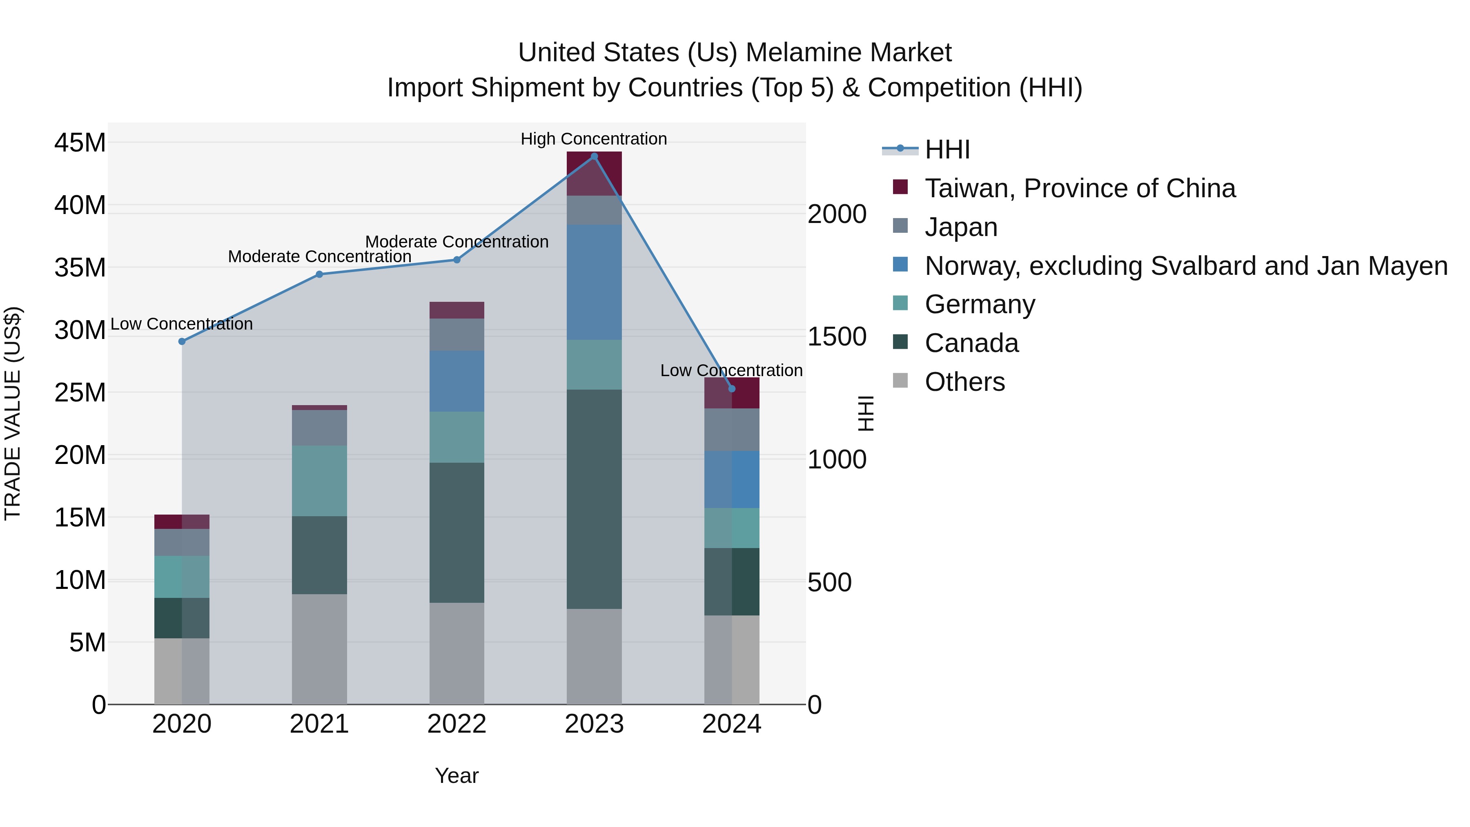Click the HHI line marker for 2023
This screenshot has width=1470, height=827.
pos(594,156)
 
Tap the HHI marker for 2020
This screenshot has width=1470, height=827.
pos(182,341)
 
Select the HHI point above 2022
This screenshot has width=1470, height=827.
pos(457,260)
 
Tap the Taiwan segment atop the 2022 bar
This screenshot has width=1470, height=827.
pos(457,310)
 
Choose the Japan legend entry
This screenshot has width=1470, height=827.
pos(961,227)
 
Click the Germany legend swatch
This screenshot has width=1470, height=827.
pos(900,303)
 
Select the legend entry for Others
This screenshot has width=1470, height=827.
pos(964,382)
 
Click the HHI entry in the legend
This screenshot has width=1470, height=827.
pos(947,149)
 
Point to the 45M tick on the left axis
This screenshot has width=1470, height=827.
pos(80,142)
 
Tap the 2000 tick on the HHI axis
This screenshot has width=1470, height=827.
pos(837,214)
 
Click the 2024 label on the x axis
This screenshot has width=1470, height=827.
pos(732,724)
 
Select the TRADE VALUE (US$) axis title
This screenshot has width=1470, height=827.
pos(13,413)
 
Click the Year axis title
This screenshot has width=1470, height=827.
pos(457,776)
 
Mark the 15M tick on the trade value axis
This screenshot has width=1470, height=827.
pos(80,518)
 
